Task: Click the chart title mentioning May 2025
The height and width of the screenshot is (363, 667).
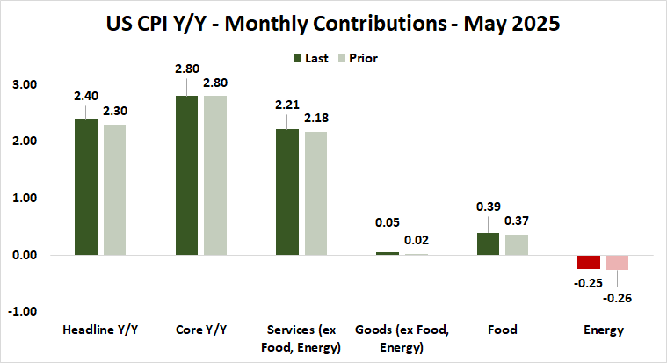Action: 333,25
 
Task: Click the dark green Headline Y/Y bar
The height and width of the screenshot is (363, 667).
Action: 85,186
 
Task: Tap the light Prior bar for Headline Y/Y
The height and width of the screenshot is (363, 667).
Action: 114,190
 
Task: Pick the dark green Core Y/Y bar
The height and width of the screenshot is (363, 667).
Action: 186,175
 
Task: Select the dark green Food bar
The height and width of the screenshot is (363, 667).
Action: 488,243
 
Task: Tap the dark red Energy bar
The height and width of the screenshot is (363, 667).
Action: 589,262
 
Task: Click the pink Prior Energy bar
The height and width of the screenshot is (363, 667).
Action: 618,262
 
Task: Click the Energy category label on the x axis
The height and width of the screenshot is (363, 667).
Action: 604,330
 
